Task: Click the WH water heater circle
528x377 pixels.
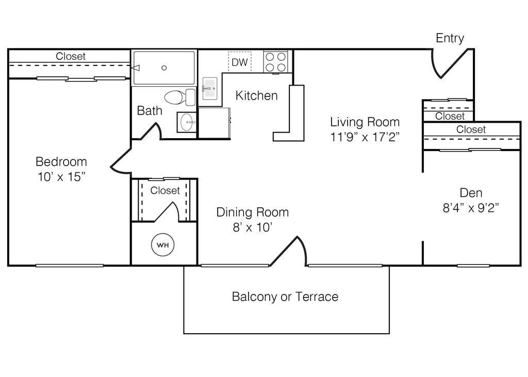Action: tap(162, 245)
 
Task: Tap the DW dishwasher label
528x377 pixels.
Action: tap(240, 62)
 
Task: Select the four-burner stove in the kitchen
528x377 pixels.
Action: tap(275, 62)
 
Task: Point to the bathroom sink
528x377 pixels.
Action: tap(187, 122)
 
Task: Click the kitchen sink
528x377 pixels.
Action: tap(210, 88)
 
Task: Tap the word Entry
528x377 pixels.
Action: tap(450, 38)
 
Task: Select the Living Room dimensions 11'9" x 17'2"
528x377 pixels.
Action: tap(365, 137)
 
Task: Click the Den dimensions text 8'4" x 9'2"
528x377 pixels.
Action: tap(471, 208)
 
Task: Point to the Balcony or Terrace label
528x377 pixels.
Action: tap(285, 297)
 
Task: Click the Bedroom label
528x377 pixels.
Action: tap(61, 162)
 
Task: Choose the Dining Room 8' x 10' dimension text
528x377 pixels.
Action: tap(253, 227)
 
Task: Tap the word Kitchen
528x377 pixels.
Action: tap(257, 96)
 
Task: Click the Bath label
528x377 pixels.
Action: tap(150, 110)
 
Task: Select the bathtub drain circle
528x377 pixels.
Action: tap(164, 68)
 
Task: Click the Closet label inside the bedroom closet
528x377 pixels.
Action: tap(71, 56)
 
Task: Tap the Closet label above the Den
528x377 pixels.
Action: tap(471, 129)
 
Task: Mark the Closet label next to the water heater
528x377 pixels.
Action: tap(165, 190)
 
